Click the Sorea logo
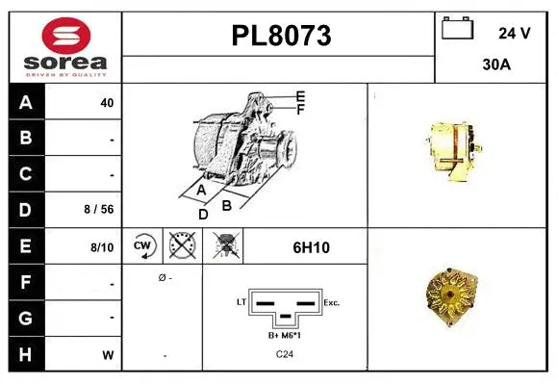pyautogui.click(x=65, y=48)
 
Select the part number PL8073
pyautogui.click(x=281, y=37)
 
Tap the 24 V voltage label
pyautogui.click(x=515, y=33)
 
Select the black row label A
pyautogui.click(x=26, y=103)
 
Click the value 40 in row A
pyautogui.click(x=107, y=103)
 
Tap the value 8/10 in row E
pyautogui.click(x=102, y=247)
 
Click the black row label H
pyautogui.click(x=26, y=354)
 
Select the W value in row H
pyautogui.click(x=108, y=355)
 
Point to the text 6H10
pyautogui.click(x=311, y=247)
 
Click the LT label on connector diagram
pyautogui.click(x=241, y=301)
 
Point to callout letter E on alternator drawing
pyautogui.click(x=300, y=96)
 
